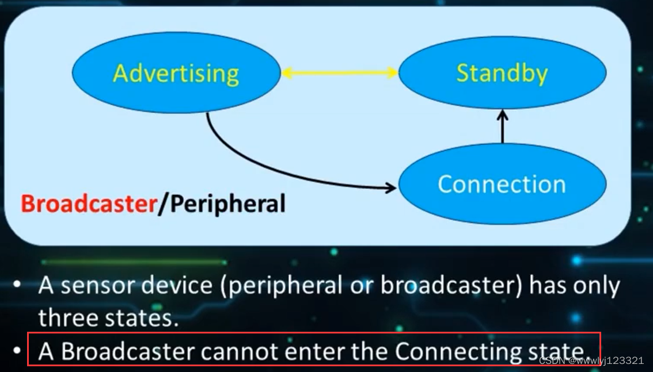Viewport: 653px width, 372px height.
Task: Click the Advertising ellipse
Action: pyautogui.click(x=176, y=73)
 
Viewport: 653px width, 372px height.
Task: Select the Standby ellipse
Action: pyautogui.click(x=502, y=73)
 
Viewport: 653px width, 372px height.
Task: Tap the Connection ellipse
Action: pyautogui.click(x=502, y=184)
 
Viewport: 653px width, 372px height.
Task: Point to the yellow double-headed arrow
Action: pyautogui.click(x=340, y=72)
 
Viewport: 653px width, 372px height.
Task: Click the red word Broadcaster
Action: pyautogui.click(x=88, y=204)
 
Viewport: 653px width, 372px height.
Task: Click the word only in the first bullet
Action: pyautogui.click(x=594, y=286)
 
